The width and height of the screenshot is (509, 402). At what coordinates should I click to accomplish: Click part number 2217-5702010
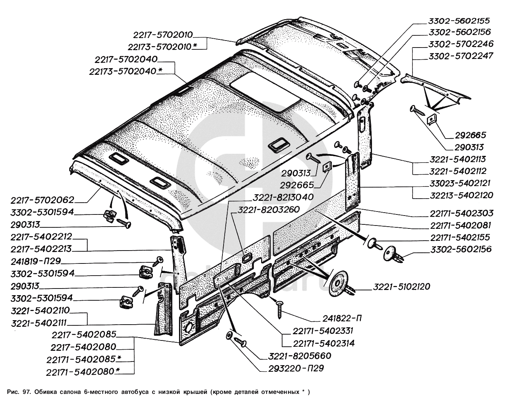point(163,35)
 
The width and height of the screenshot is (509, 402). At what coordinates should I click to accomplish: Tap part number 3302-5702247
point(460,56)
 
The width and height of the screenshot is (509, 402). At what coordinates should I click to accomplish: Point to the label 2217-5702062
point(43,200)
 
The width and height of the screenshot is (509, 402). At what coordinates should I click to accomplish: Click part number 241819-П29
point(36,261)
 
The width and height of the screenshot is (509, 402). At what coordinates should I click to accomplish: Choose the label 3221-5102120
point(401,287)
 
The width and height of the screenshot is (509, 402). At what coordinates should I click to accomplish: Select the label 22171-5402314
point(324,343)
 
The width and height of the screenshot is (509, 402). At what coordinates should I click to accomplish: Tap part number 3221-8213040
point(282,197)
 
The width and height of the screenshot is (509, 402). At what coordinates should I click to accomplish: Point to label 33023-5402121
point(461,183)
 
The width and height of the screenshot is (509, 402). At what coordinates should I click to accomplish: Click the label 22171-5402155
point(460,237)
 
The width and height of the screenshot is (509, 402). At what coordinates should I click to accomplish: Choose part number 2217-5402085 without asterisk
point(84,335)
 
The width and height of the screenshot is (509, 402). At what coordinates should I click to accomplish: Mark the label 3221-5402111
point(39,323)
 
